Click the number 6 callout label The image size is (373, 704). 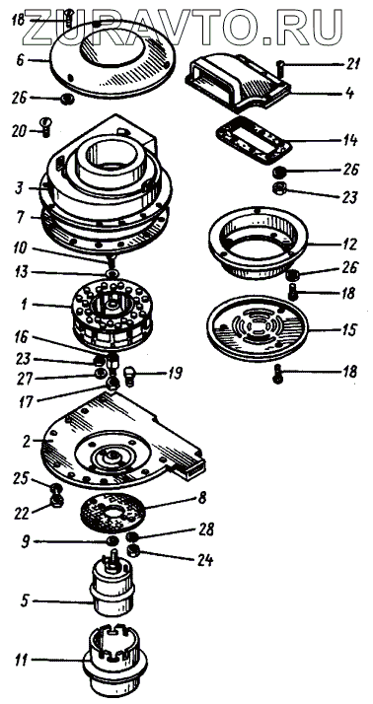click(20, 60)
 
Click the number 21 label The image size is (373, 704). click(353, 65)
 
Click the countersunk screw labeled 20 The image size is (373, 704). click(45, 127)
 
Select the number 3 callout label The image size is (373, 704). click(20, 188)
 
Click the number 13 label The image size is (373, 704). click(21, 272)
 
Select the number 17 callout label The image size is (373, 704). click(26, 401)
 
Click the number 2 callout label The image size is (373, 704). click(26, 442)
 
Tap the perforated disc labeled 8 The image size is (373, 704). click(112, 513)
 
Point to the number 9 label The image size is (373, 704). click(26, 542)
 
